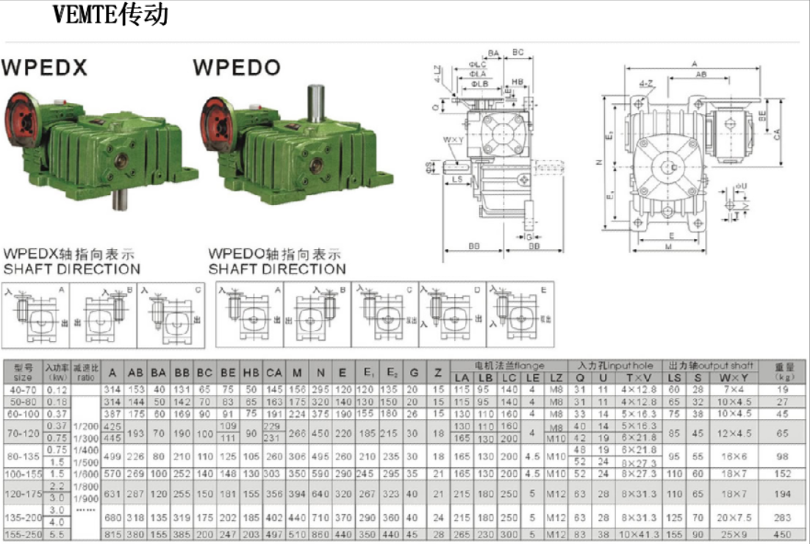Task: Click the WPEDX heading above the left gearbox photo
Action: (45, 68)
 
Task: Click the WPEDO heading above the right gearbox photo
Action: (237, 68)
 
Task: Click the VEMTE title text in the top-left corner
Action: (111, 14)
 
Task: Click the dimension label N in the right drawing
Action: (599, 162)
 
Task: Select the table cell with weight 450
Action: (782, 534)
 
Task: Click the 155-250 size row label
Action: (23, 534)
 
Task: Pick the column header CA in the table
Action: (274, 373)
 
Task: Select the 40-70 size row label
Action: (23, 389)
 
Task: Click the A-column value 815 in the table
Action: (113, 534)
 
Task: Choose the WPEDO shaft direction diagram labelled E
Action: (520, 312)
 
